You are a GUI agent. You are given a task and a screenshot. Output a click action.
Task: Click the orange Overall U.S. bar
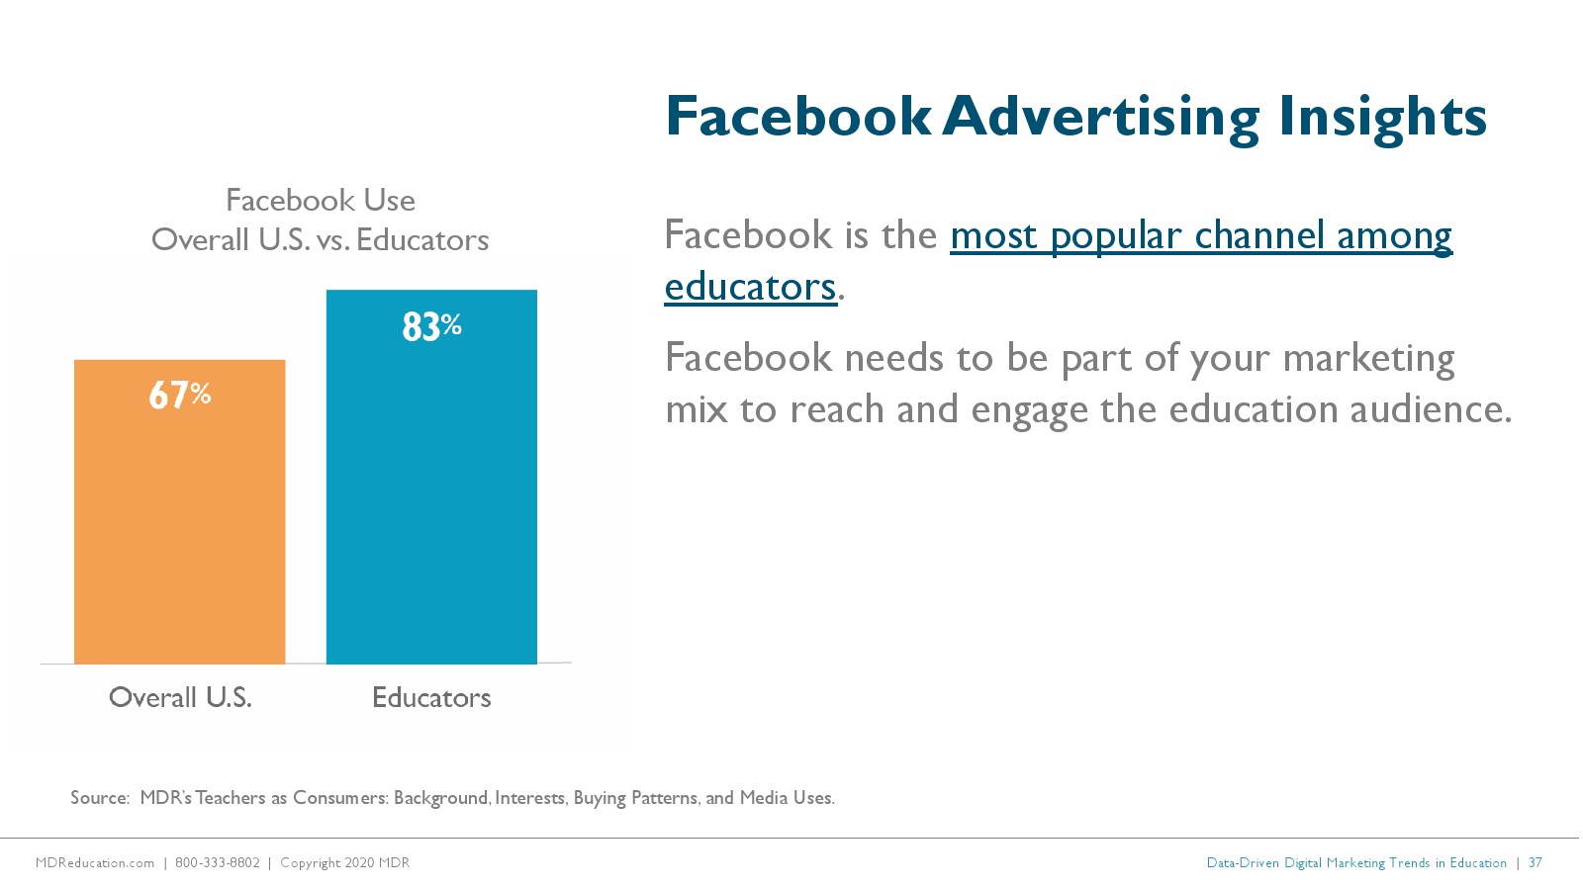click(179, 512)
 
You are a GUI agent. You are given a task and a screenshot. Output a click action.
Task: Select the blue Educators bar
click(431, 477)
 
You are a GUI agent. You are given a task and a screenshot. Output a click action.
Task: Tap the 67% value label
click(179, 395)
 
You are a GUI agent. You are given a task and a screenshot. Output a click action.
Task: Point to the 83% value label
click(431, 327)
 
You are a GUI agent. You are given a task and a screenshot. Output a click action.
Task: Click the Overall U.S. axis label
click(180, 698)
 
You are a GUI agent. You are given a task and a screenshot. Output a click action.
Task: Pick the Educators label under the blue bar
click(431, 698)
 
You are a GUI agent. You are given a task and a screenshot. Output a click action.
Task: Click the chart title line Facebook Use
click(321, 201)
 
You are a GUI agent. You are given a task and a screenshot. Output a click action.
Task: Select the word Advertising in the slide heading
click(1101, 118)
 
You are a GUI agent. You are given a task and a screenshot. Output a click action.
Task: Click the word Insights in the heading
click(1382, 118)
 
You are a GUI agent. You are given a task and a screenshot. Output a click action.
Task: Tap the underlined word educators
click(751, 287)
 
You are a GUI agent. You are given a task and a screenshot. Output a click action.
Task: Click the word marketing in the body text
click(1368, 359)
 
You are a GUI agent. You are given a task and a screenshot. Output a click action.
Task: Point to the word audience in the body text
click(1431, 409)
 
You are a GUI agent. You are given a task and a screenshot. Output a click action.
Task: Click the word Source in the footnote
click(99, 798)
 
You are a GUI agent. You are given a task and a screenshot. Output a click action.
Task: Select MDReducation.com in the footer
click(95, 863)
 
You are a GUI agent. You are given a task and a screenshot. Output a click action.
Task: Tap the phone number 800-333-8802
click(217, 863)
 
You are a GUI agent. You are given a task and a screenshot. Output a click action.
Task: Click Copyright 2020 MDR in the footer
click(345, 863)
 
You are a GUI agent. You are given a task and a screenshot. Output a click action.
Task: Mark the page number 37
click(1535, 863)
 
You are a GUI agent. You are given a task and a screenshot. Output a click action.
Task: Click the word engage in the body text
click(1029, 410)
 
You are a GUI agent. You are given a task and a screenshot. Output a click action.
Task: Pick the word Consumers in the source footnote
click(340, 798)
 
